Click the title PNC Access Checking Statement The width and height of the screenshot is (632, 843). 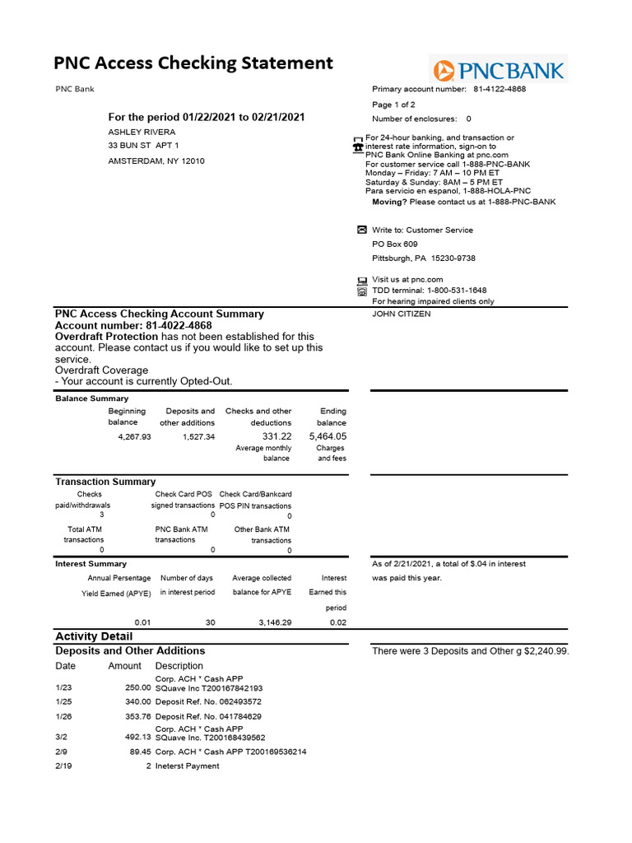click(193, 63)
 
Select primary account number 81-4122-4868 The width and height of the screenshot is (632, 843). click(499, 89)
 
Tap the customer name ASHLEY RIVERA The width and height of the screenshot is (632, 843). click(142, 132)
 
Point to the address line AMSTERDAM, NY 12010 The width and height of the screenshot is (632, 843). click(156, 161)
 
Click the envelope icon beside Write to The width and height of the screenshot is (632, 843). click(360, 230)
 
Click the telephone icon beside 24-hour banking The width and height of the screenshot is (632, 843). click(357, 143)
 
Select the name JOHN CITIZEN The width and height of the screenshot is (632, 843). click(401, 314)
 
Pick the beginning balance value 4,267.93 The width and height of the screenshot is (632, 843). click(135, 436)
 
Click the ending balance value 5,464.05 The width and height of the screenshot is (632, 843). click(328, 436)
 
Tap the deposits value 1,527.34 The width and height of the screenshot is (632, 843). click(198, 436)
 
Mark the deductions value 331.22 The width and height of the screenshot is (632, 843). click(276, 436)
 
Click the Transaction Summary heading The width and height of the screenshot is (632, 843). click(105, 482)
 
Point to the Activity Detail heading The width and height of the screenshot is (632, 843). click(94, 636)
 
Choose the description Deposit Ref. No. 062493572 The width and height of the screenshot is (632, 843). click(208, 701)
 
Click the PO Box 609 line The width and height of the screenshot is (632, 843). click(394, 245)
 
